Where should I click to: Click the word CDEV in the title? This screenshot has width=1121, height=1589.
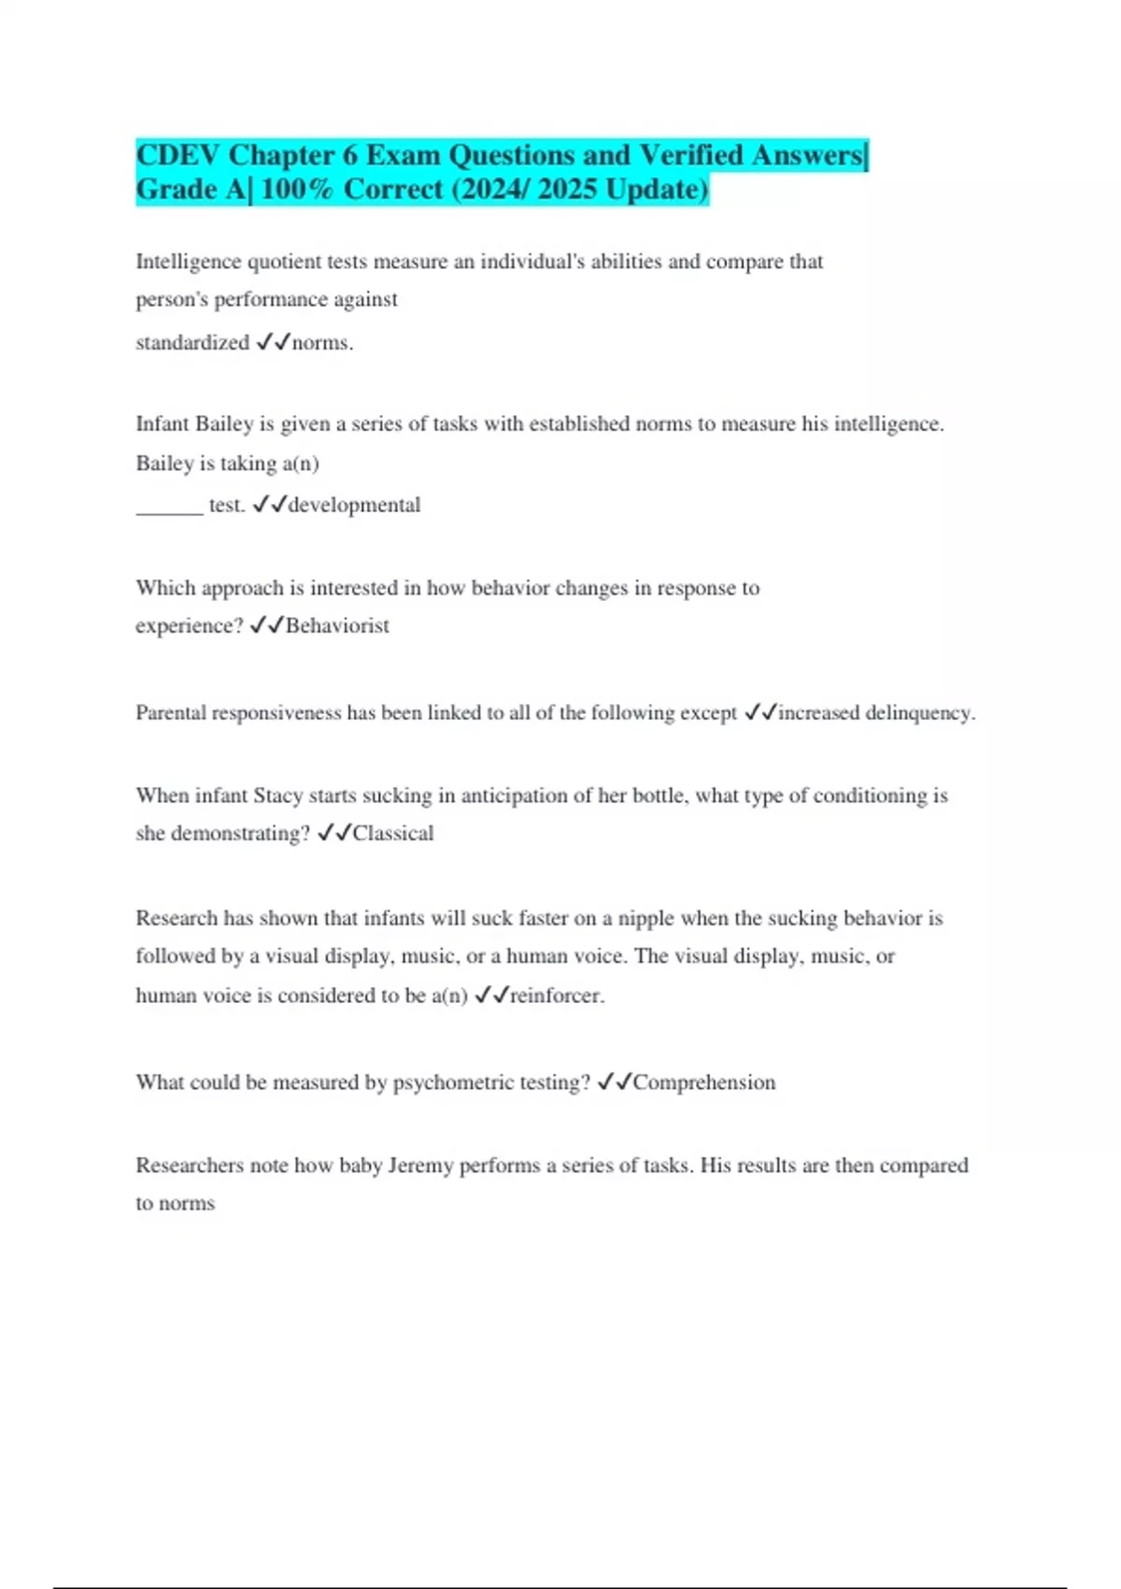[177, 155]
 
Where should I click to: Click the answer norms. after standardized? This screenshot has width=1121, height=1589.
[322, 343]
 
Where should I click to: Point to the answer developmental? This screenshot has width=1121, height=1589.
[354, 506]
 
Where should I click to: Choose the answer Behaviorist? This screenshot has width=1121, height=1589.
[337, 626]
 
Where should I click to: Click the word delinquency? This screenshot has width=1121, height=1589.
[919, 713]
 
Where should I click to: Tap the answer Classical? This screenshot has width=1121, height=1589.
[393, 834]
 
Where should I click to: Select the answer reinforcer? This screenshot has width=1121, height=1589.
[557, 996]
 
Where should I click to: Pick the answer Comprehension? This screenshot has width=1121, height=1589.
[704, 1082]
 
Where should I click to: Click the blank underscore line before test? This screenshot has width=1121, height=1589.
[169, 509]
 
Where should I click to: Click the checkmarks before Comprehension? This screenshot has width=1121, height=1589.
[615, 1082]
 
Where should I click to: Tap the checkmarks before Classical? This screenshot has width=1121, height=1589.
[334, 834]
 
